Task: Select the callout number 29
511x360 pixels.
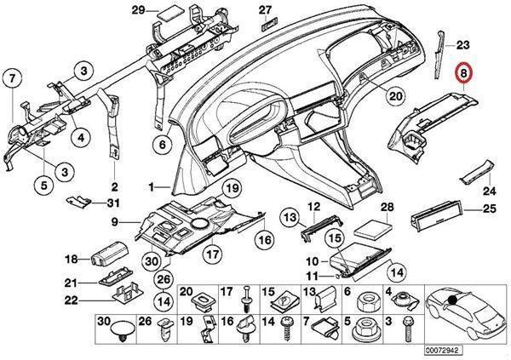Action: (x=139, y=10)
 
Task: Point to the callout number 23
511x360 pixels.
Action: (x=462, y=43)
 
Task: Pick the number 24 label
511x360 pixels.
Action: (x=489, y=191)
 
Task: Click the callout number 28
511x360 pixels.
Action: (x=388, y=208)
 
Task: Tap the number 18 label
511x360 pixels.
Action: (x=72, y=259)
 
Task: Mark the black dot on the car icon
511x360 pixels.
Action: (x=457, y=300)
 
